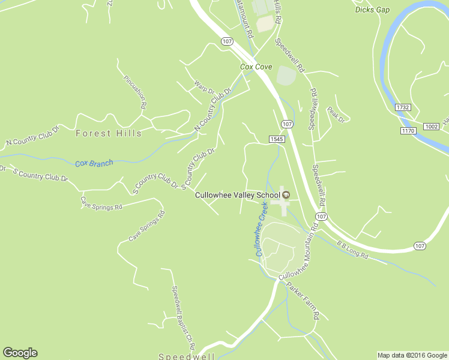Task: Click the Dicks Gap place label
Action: point(372,10)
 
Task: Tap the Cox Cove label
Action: point(256,67)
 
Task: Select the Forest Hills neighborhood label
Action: point(109,133)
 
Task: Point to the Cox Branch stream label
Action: point(94,163)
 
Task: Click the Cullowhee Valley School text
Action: point(237,195)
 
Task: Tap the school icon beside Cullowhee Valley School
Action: point(286,194)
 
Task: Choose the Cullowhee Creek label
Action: point(262,229)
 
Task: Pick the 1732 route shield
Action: point(403,107)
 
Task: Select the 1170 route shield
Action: point(409,130)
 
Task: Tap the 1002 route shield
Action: point(430,127)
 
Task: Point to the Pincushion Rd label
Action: point(135,92)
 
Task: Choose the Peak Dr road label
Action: point(336,114)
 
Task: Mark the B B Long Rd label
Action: point(352,250)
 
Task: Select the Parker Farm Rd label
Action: point(303,300)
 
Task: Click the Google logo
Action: point(20,353)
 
